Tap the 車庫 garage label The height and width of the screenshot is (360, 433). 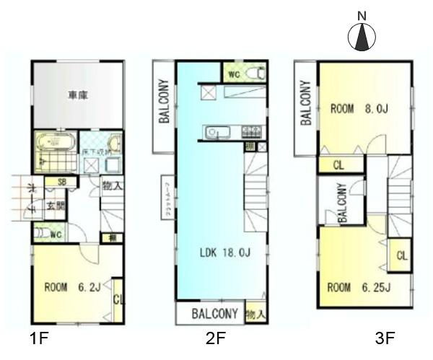pyautogui.click(x=78, y=95)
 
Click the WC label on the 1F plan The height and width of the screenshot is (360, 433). pyautogui.click(x=56, y=234)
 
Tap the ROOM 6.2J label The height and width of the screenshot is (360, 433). pyautogui.click(x=71, y=286)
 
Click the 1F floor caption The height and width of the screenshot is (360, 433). pyautogui.click(x=40, y=337)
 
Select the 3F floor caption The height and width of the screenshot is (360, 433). pyautogui.click(x=385, y=337)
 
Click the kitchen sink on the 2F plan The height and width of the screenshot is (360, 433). pyautogui.click(x=216, y=132)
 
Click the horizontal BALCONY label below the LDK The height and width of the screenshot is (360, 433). pyautogui.click(x=215, y=314)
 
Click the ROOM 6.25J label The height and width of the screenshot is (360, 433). pyautogui.click(x=359, y=287)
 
